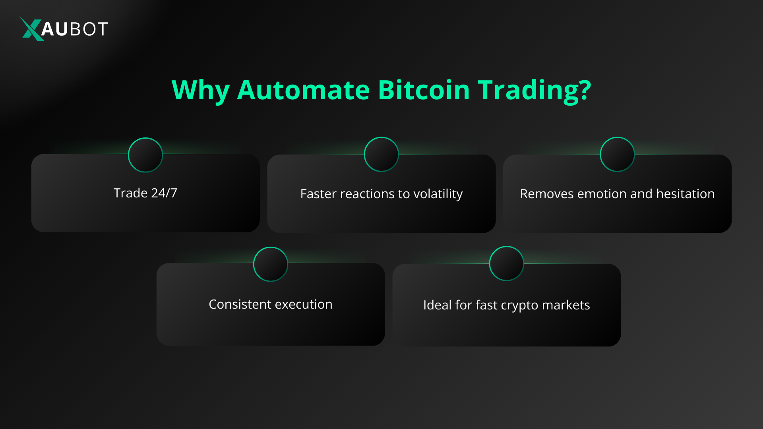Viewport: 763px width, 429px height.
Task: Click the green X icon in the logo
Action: coord(31,29)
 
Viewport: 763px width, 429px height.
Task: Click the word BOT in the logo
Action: coord(88,29)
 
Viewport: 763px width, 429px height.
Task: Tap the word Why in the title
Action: coord(200,90)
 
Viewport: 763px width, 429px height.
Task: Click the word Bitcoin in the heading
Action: coord(424,90)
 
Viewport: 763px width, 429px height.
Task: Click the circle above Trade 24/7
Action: coord(145,155)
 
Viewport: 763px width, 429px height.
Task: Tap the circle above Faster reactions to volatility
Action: coord(381,155)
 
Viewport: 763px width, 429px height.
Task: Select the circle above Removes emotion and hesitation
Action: coord(617,155)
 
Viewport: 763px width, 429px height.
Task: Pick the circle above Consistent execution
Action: coord(271,264)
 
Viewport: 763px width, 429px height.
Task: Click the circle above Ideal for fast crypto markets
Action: coord(507,263)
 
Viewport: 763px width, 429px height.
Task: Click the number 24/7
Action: coord(164,193)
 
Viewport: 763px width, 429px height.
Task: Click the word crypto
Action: coord(519,305)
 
